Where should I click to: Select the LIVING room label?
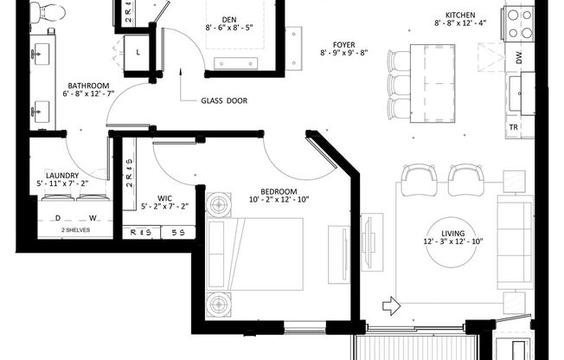(x=452, y=234)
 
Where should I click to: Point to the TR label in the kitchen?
(x=514, y=126)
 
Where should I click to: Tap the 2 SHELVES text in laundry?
(x=75, y=231)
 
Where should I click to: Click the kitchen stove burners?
(x=521, y=23)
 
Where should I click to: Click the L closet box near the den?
(x=138, y=53)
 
